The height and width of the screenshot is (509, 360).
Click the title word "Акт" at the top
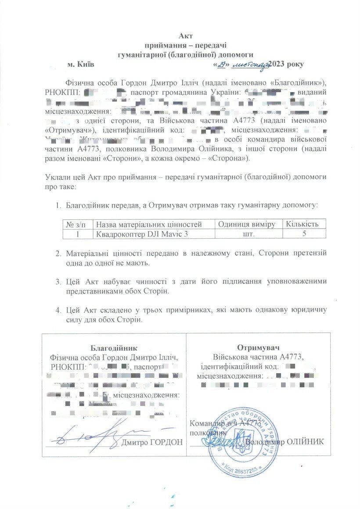186,36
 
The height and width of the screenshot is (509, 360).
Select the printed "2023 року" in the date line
286,64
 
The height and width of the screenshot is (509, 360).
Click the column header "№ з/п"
79,224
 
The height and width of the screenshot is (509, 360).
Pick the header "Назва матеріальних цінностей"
149,224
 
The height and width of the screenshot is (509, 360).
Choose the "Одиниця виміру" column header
247,224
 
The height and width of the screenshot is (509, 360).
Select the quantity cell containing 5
304,234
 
